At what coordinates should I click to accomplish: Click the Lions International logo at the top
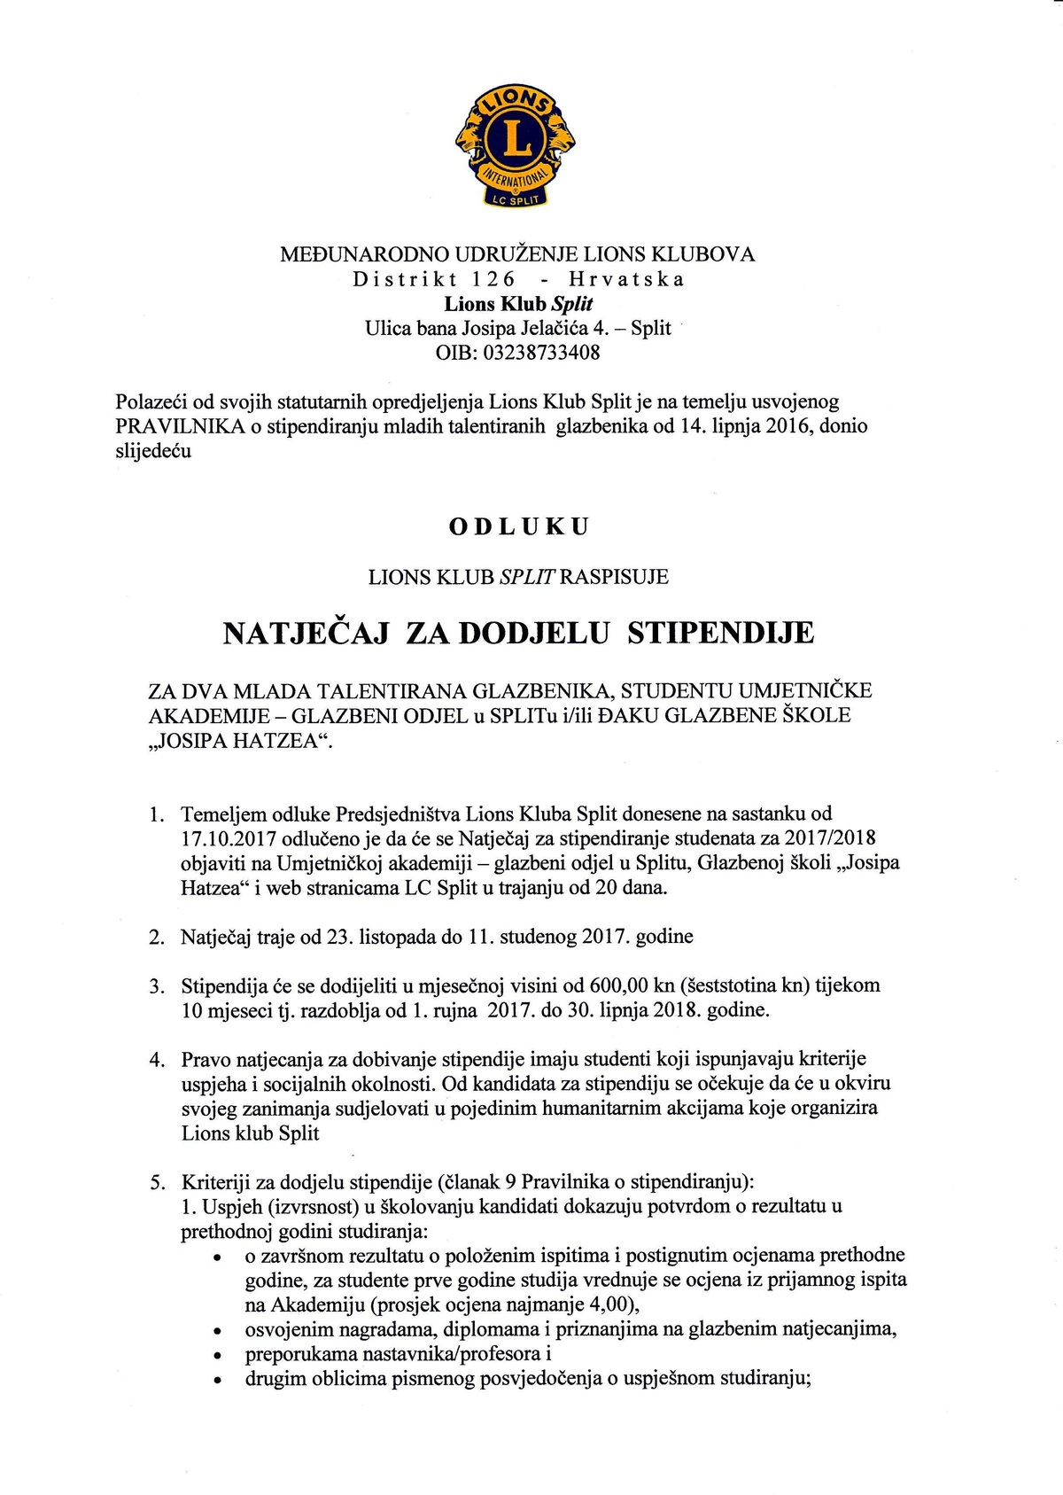click(515, 146)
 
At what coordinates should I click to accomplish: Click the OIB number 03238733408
click(544, 353)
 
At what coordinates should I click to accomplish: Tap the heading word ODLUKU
click(519, 526)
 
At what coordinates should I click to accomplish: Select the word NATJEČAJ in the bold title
click(306, 633)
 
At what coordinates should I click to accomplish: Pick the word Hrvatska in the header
click(626, 279)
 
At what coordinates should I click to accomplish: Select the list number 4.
click(157, 1059)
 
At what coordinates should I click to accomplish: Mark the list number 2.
click(157, 937)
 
